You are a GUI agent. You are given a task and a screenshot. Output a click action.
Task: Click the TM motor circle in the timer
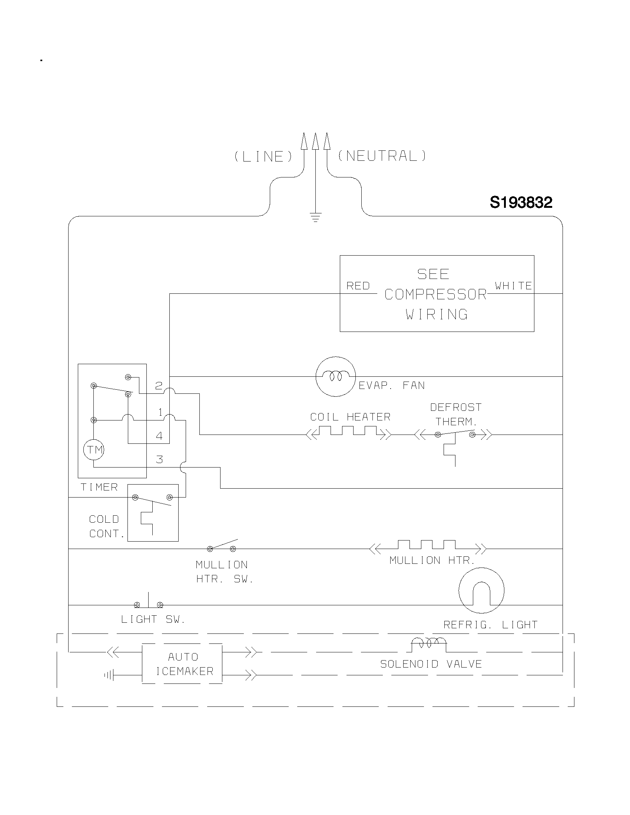point(94,449)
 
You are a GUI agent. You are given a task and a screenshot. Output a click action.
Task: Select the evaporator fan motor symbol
point(335,376)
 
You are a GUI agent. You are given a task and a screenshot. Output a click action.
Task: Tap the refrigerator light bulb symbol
point(481,591)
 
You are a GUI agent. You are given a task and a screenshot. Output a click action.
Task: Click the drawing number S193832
point(521,203)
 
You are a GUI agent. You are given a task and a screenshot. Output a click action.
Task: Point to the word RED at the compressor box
point(358,286)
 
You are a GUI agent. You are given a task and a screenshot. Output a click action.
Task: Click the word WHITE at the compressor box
point(513,286)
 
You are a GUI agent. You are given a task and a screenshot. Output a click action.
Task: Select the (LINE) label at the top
point(263,156)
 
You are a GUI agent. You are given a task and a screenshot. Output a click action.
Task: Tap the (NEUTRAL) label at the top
point(382,156)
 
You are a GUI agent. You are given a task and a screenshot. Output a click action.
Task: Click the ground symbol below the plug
point(316,217)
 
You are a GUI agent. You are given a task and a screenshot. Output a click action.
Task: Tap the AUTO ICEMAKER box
point(182,664)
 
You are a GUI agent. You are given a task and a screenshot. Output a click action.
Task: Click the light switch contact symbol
point(149,603)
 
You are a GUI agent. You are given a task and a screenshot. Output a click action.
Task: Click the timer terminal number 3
point(159,459)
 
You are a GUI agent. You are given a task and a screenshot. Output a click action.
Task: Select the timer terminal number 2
point(159,386)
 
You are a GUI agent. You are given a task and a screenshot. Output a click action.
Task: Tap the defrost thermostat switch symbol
point(455,434)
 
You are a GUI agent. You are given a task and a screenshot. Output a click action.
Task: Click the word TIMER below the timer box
point(99,487)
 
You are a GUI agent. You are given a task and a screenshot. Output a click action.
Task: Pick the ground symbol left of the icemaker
point(109,675)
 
